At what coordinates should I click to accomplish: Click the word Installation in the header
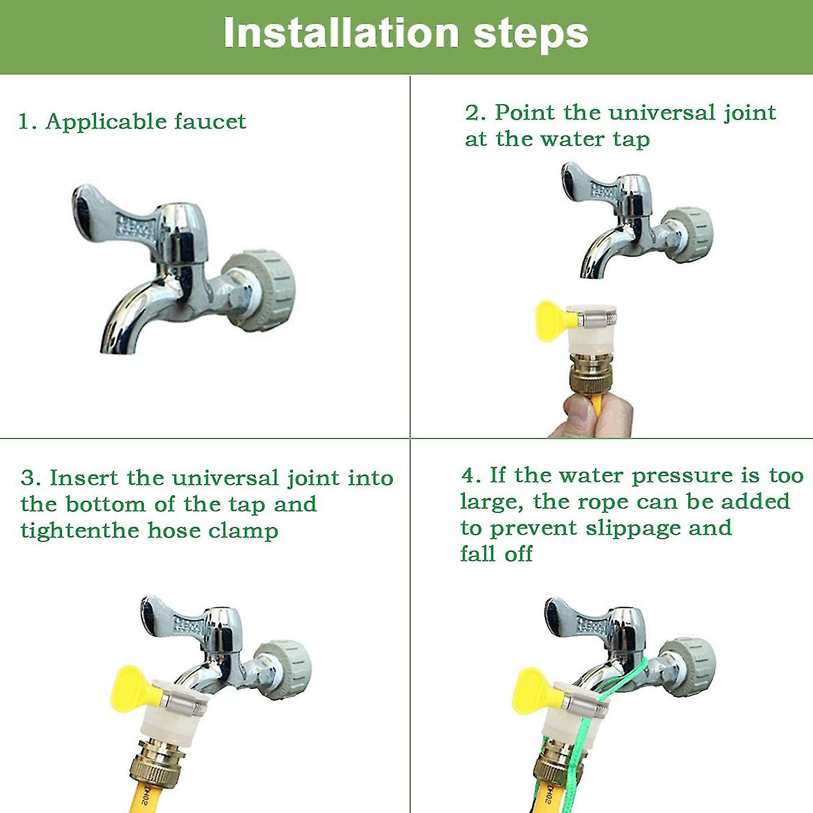coord(341,34)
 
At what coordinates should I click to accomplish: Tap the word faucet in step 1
coord(210,121)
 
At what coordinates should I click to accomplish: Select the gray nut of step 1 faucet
coord(262,290)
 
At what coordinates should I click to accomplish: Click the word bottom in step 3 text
coord(105,505)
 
